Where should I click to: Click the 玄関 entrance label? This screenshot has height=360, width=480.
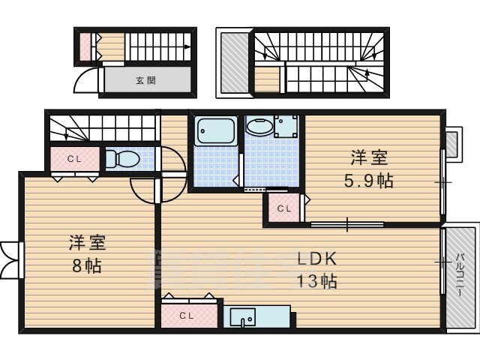(145, 79)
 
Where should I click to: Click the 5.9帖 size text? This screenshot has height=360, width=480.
(370, 181)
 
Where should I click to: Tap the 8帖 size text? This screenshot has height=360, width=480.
(87, 266)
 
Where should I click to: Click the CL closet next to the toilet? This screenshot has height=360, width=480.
(73, 159)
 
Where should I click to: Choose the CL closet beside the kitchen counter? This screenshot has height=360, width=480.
(187, 316)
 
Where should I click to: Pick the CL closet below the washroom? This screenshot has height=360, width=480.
(283, 208)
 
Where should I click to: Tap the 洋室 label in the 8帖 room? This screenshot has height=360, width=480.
(87, 243)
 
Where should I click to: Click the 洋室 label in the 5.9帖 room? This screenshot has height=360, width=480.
(370, 158)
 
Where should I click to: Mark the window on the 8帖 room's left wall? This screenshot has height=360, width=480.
(10, 259)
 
